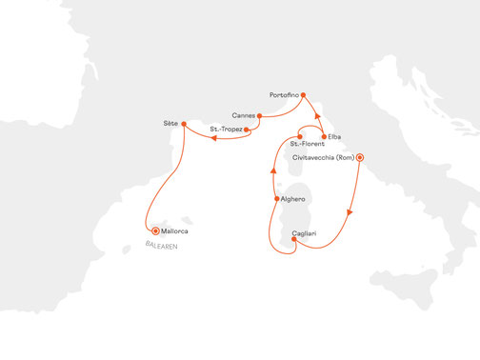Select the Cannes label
click(x=243, y=116)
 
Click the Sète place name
click(x=171, y=124)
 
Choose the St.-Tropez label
click(x=226, y=129)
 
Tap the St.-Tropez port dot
click(x=247, y=129)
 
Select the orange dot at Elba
click(x=325, y=136)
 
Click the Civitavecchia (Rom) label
click(x=321, y=158)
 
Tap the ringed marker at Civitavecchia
click(x=360, y=158)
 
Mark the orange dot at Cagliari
click(x=293, y=240)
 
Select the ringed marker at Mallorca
click(x=154, y=230)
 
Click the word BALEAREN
click(x=161, y=245)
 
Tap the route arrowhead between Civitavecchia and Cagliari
click(x=351, y=211)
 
